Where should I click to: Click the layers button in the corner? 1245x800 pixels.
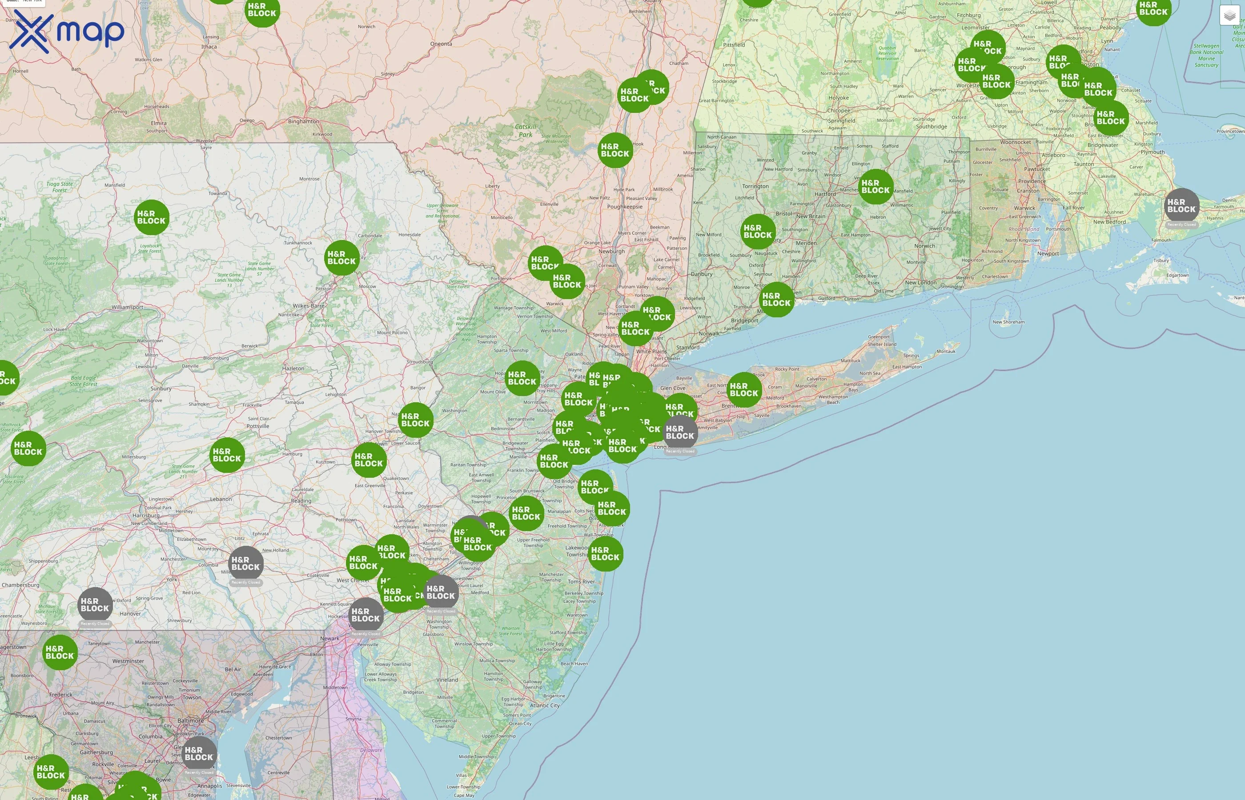[x=1229, y=16]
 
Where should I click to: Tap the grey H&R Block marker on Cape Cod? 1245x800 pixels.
[x=1181, y=206]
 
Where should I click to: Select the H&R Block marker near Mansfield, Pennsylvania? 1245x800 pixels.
[x=151, y=217]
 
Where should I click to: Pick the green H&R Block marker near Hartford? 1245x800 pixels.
[x=876, y=187]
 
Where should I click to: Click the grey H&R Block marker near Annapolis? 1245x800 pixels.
[x=199, y=753]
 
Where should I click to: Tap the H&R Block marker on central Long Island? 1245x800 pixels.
[x=743, y=390]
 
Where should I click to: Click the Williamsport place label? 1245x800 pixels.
[x=127, y=307]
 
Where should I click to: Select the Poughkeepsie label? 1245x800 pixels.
[x=625, y=207]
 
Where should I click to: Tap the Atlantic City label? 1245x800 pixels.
[x=545, y=705]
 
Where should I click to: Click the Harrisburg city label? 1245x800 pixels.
[x=146, y=516]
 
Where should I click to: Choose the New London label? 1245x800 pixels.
[x=921, y=283]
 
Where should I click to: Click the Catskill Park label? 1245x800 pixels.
[x=525, y=130]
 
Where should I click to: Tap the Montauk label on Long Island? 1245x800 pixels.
[x=946, y=351]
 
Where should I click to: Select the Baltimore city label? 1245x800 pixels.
[x=191, y=721]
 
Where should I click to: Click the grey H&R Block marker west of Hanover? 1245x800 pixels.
[x=95, y=605]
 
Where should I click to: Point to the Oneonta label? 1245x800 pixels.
[x=441, y=44]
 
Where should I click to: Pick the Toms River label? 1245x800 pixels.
[x=581, y=582]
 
